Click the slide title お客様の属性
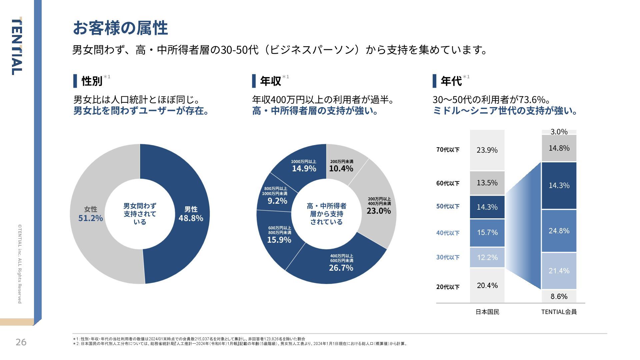pos(120,28)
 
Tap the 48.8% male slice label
pos(191,218)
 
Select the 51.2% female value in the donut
pos(90,218)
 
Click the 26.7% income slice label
pos(341,268)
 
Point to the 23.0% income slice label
pos(379,211)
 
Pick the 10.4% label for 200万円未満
pos(341,168)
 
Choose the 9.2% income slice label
pos(277,201)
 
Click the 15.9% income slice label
pos(279,240)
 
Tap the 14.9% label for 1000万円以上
pos(304,168)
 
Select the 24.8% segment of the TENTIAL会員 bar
pos(559,231)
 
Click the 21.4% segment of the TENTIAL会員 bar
pos(559,271)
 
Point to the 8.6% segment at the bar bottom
pos(559,296)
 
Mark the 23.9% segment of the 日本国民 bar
pos(487,150)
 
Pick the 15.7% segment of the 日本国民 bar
pos(487,232)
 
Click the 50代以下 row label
pos(448,206)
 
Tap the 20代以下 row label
pos(448,287)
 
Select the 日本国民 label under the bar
pos(487,312)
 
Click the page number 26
pos(21,342)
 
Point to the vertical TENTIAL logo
pos(17,47)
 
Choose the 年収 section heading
pos(270,81)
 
